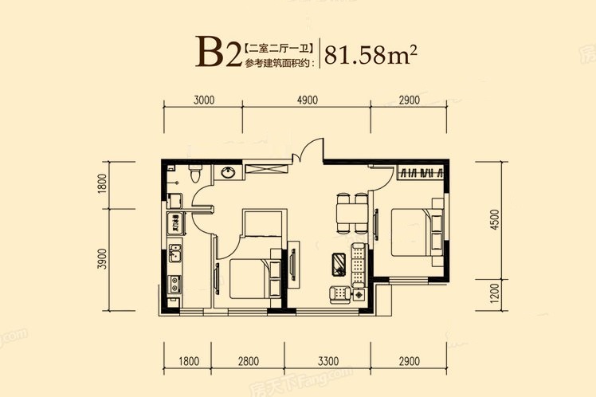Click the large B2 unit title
pyautogui.click(x=218, y=53)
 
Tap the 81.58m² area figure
pyautogui.click(x=371, y=55)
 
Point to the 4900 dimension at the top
pyautogui.click(x=307, y=100)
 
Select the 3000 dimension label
pyautogui.click(x=204, y=100)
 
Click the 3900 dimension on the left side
pyautogui.click(x=102, y=259)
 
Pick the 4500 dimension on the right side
pyautogui.click(x=494, y=219)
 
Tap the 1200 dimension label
pyautogui.click(x=494, y=293)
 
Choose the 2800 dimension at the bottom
pyautogui.click(x=249, y=360)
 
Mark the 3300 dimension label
pyautogui.click(x=328, y=360)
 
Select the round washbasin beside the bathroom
pyautogui.click(x=228, y=173)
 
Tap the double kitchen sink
pyautogui.click(x=174, y=254)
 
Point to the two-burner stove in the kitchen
pyautogui.click(x=174, y=284)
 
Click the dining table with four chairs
pyautogui.click(x=351, y=214)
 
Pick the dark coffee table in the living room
pyautogui.click(x=339, y=265)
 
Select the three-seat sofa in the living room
pyautogui.click(x=359, y=265)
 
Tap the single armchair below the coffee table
pyautogui.click(x=339, y=295)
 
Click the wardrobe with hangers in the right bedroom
pyautogui.click(x=421, y=172)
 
